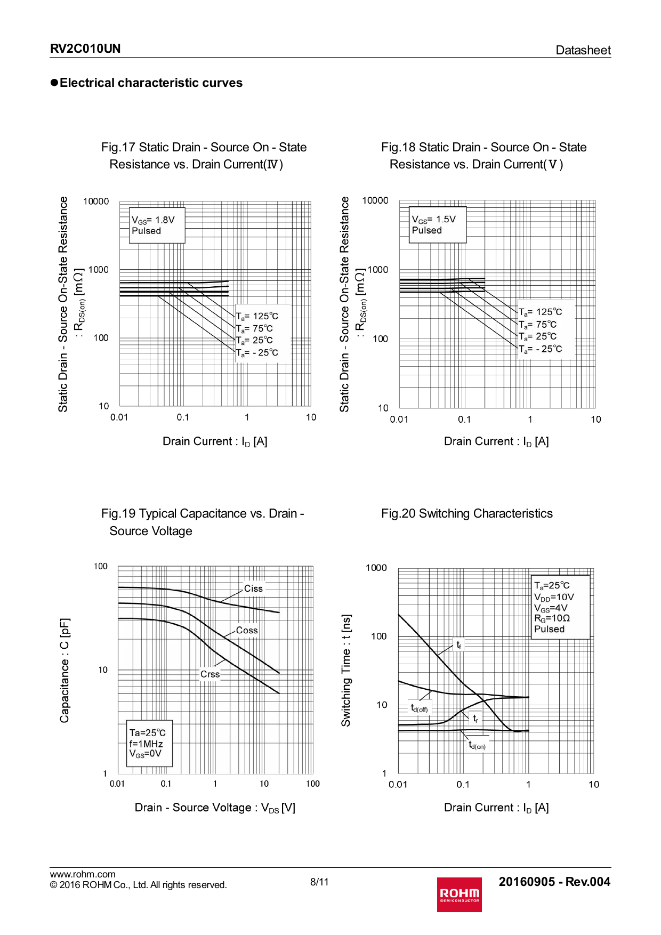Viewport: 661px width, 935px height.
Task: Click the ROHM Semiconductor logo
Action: pyautogui.click(x=459, y=894)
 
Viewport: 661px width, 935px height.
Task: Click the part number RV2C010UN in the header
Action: pyautogui.click(x=85, y=49)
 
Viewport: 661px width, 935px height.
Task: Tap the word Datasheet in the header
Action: pyautogui.click(x=583, y=50)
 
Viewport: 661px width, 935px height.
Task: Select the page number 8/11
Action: pyautogui.click(x=319, y=882)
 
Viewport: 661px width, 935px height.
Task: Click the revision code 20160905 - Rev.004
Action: pyautogui.click(x=554, y=882)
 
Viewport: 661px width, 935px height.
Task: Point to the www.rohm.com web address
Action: pyautogui.click(x=83, y=874)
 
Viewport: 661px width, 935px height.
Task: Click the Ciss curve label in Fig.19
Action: pyautogui.click(x=253, y=589)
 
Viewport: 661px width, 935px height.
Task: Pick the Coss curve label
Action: pyautogui.click(x=247, y=630)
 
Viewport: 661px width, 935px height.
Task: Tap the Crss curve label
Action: pyautogui.click(x=210, y=674)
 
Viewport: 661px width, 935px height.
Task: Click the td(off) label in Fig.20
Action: pyautogui.click(x=419, y=708)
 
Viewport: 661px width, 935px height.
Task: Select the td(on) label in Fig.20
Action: pyautogui.click(x=477, y=745)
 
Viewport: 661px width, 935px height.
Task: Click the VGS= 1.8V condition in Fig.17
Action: pyautogui.click(x=153, y=220)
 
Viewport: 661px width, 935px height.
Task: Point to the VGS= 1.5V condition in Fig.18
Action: pyautogui.click(x=433, y=219)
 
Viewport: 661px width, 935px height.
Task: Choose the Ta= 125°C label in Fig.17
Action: pyautogui.click(x=257, y=316)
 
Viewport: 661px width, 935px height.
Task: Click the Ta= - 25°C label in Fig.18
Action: pyautogui.click(x=541, y=349)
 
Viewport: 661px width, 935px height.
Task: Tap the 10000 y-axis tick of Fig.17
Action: pyautogui.click(x=96, y=201)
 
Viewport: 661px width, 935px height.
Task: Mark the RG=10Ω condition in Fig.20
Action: pyautogui.click(x=552, y=618)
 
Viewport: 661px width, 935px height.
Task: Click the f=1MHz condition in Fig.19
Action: pyautogui.click(x=146, y=744)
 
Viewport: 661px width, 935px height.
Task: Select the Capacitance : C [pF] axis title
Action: pyautogui.click(x=65, y=670)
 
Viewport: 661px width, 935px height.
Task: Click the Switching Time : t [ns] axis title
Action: pyautogui.click(x=346, y=670)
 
